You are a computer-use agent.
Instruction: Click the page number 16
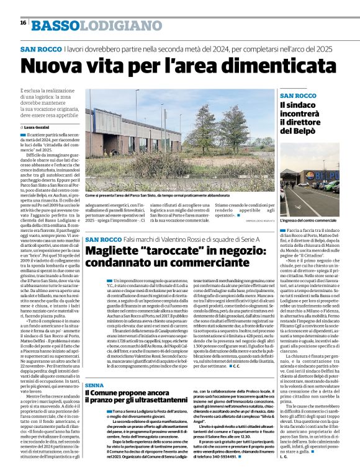(23, 23)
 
